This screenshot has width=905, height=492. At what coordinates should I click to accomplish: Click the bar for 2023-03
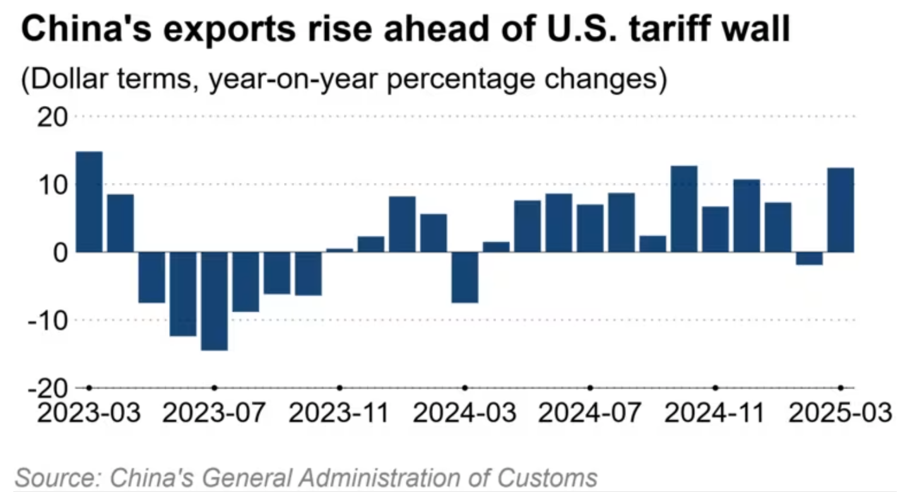click(89, 202)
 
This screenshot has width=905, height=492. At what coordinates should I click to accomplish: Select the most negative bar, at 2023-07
click(214, 301)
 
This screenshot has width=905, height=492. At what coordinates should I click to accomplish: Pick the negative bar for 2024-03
click(464, 278)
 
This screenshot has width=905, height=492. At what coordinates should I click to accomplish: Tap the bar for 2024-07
click(590, 228)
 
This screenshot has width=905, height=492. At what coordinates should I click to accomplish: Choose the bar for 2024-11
click(715, 229)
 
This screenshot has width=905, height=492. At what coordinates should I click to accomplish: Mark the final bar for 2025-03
click(841, 210)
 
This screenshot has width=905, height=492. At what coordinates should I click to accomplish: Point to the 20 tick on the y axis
click(54, 117)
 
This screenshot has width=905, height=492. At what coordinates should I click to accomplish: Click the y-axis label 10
click(54, 185)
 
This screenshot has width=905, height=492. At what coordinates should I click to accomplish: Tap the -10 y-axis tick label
click(49, 320)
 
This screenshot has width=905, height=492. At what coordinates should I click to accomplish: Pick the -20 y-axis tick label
click(49, 388)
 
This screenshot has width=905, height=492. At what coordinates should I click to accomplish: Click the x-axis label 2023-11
click(340, 413)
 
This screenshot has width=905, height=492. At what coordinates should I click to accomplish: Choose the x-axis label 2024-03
click(464, 413)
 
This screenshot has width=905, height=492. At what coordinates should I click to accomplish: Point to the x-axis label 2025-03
click(841, 413)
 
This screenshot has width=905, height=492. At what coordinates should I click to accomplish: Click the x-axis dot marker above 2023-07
click(214, 387)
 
